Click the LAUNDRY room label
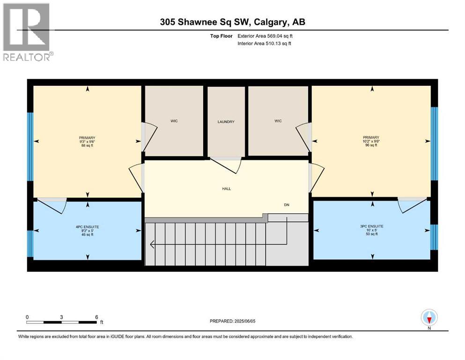[x=226, y=122]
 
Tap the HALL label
[x=226, y=189]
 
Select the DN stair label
[x=287, y=205]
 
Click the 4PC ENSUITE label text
[x=87, y=227]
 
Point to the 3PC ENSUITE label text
[x=372, y=226]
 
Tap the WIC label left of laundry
[x=174, y=121]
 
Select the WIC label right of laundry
[x=278, y=121]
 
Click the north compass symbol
[x=429, y=318]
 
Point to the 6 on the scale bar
[x=96, y=317]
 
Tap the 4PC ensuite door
[x=52, y=205]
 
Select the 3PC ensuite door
[x=412, y=205]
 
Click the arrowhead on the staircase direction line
[x=152, y=244]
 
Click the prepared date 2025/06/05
[x=232, y=321]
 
